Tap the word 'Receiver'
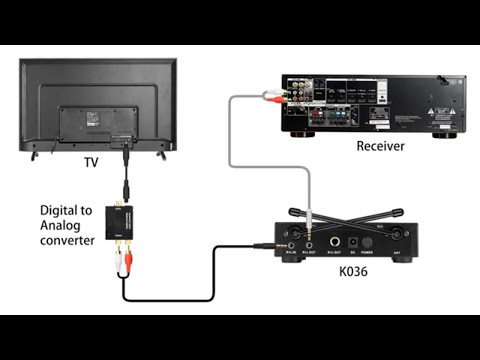tap(380, 147)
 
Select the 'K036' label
tap(351, 270)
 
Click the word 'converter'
tap(67, 241)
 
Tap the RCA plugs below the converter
tap(124, 260)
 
